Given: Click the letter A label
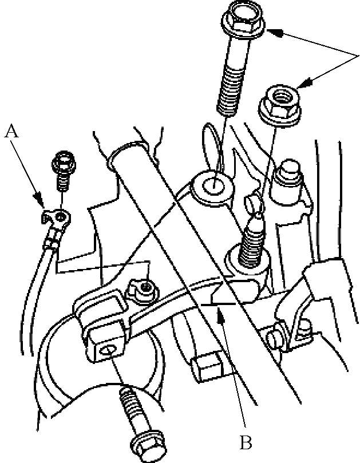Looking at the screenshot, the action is click(11, 131).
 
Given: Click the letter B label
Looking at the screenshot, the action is click(246, 442).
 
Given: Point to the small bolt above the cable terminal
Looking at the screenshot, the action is click(63, 172).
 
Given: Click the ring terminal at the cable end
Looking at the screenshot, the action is click(57, 219).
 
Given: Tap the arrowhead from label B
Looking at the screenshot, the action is click(220, 315).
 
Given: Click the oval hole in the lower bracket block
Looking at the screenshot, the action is click(107, 350).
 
